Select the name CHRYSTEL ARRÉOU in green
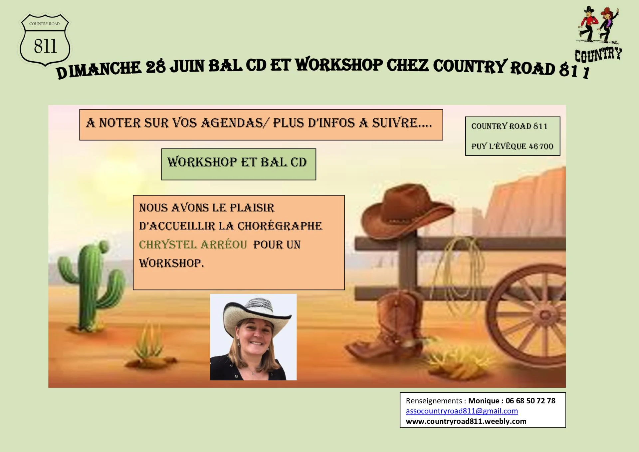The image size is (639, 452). pyautogui.click(x=193, y=245)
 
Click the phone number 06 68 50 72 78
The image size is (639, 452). pyautogui.click(x=530, y=401)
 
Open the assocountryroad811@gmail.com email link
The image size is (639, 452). pyautogui.click(x=462, y=411)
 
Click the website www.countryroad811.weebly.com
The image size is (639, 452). pyautogui.click(x=466, y=421)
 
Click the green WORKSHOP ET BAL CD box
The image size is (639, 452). pyautogui.click(x=239, y=164)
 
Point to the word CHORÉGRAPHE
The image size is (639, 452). pyautogui.click(x=280, y=226)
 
